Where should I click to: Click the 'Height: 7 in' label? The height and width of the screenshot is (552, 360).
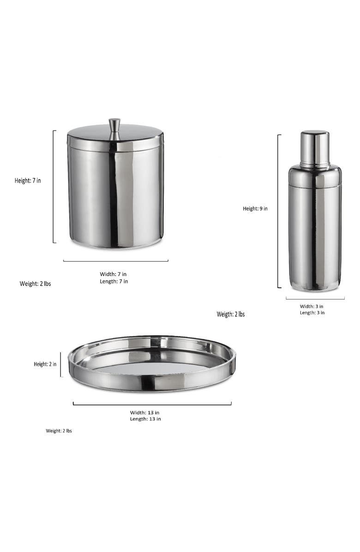(x=28, y=180)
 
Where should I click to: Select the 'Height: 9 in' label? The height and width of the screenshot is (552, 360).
(x=255, y=209)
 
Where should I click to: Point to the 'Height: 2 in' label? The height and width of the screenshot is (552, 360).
(x=45, y=364)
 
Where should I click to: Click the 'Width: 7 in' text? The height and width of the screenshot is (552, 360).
(x=114, y=274)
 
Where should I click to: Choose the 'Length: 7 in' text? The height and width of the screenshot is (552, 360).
(x=114, y=281)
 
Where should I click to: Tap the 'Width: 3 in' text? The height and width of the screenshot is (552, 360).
(x=312, y=306)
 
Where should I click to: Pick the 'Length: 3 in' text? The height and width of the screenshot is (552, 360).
(x=312, y=312)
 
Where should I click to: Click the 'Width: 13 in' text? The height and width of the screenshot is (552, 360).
(x=145, y=413)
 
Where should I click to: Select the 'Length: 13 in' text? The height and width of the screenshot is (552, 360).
(x=145, y=419)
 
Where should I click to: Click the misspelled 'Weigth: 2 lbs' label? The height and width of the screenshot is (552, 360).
(x=231, y=314)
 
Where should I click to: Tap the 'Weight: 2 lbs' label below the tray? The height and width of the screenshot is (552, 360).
(x=59, y=431)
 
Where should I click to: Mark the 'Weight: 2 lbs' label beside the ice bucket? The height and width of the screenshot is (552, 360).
(x=35, y=284)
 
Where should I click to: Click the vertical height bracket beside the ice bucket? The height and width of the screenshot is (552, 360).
(x=54, y=186)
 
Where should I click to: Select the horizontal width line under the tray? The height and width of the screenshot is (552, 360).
(x=152, y=405)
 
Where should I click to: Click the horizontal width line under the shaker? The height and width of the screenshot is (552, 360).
(x=315, y=299)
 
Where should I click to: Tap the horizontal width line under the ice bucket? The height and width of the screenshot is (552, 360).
(x=115, y=261)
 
